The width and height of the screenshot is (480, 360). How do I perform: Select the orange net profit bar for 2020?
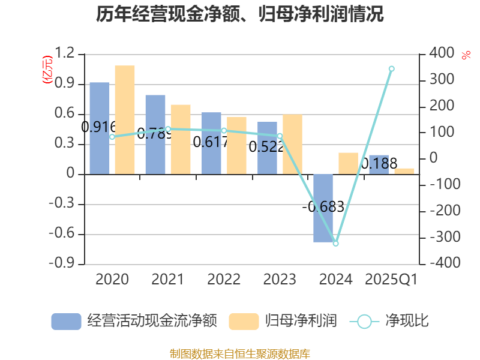pyautogui.click(x=125, y=119)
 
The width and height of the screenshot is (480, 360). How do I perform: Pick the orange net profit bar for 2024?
pyautogui.click(x=348, y=163)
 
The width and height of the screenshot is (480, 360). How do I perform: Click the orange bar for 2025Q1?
pyautogui.click(x=404, y=171)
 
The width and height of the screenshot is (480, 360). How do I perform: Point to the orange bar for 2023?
pyautogui.click(x=292, y=144)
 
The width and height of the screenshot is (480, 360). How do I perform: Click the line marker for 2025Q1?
pyautogui.click(x=391, y=68)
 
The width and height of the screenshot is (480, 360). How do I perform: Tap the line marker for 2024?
pyautogui.click(x=335, y=243)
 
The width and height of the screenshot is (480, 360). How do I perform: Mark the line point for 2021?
pyautogui.click(x=168, y=129)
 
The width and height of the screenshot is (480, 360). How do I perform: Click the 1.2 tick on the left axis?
pyautogui.click(x=66, y=54)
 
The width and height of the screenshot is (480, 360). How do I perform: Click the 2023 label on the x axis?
pyautogui.click(x=280, y=280)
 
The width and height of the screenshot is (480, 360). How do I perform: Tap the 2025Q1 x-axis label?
pyautogui.click(x=391, y=280)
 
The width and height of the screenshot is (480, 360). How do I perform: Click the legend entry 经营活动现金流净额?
pyautogui.click(x=134, y=321)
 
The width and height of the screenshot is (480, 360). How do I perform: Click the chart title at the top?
pyautogui.click(x=240, y=14)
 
